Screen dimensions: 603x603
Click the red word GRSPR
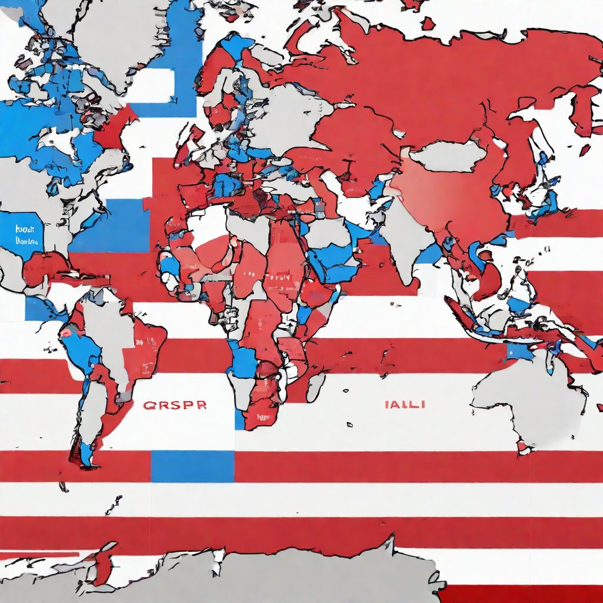click(x=174, y=406)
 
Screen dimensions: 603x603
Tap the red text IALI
click(x=405, y=405)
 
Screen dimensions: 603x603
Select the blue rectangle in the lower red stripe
click(x=193, y=466)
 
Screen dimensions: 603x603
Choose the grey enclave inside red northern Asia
click(x=448, y=155)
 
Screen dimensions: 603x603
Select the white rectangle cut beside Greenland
click(x=154, y=86)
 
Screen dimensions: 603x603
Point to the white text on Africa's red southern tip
click(x=263, y=417)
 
